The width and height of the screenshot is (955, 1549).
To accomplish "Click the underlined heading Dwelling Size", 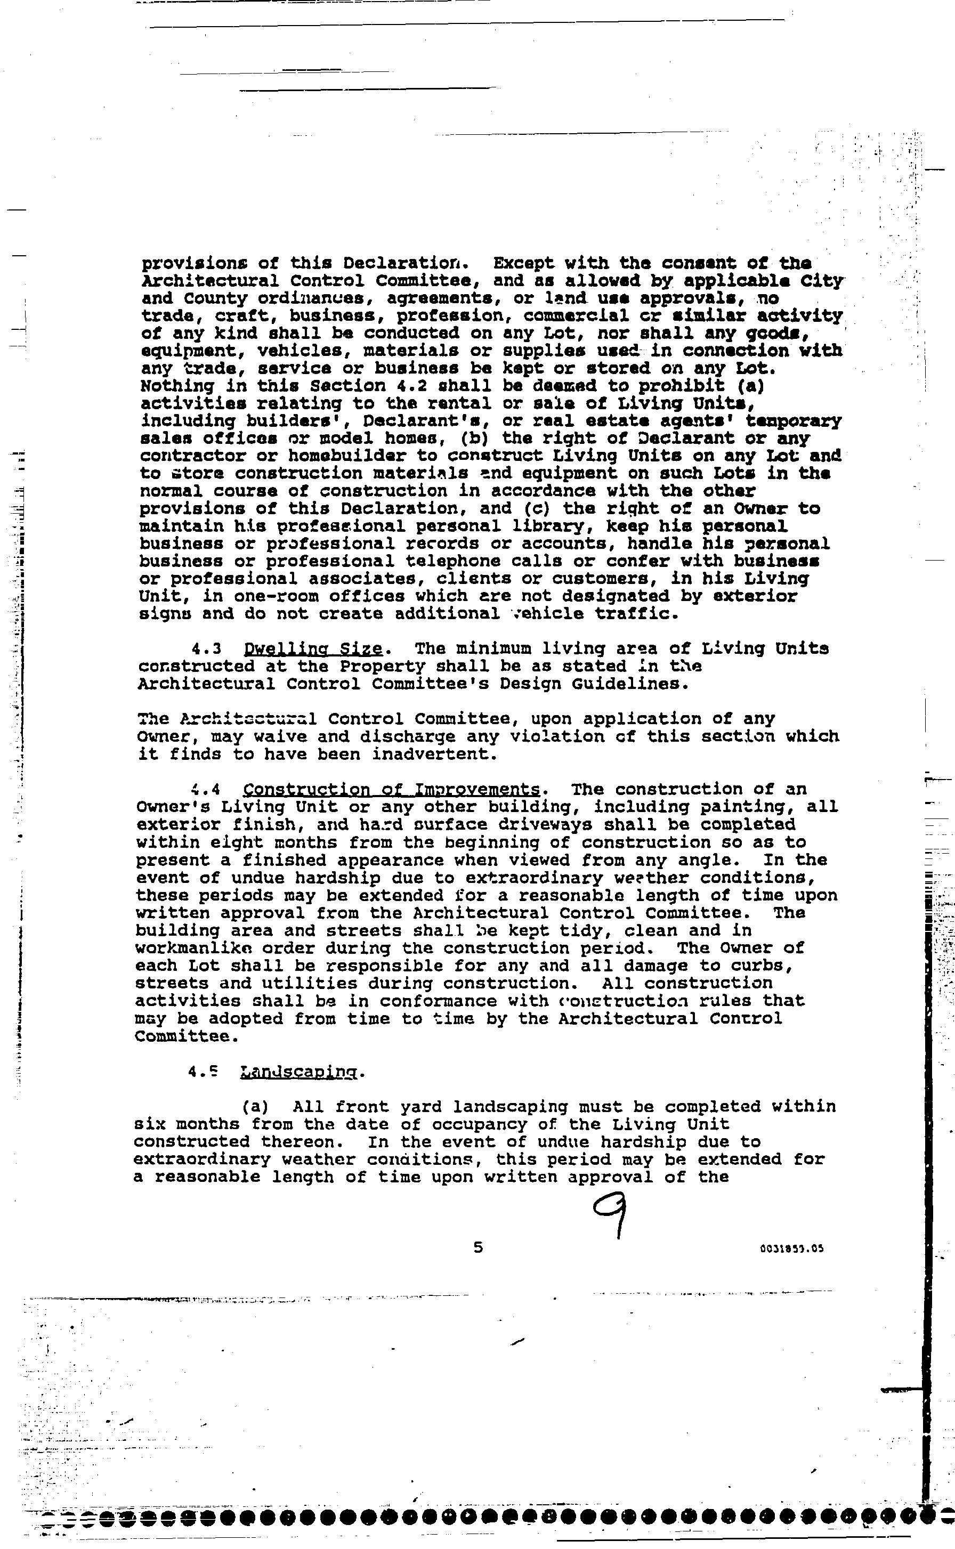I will pyautogui.click(x=313, y=649).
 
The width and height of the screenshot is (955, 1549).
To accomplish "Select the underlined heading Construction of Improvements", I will pyautogui.click(x=392, y=790).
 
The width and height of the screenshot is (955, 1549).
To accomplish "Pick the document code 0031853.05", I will pyautogui.click(x=792, y=1248).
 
